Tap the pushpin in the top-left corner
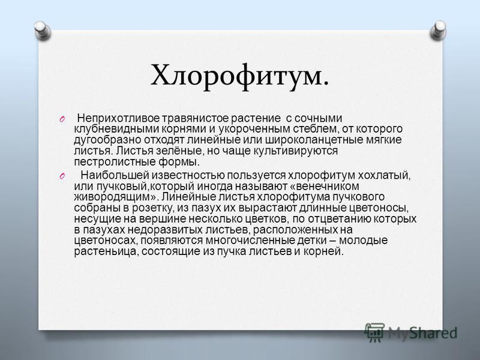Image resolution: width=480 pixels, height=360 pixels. point(42,30)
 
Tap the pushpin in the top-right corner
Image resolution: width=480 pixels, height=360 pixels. point(438,30)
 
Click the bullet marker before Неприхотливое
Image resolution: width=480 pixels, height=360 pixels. point(62,119)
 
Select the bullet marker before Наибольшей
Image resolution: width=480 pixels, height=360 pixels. point(62,176)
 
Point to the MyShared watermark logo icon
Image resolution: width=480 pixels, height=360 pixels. point(374,332)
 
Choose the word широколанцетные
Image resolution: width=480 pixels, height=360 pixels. point(314,140)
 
